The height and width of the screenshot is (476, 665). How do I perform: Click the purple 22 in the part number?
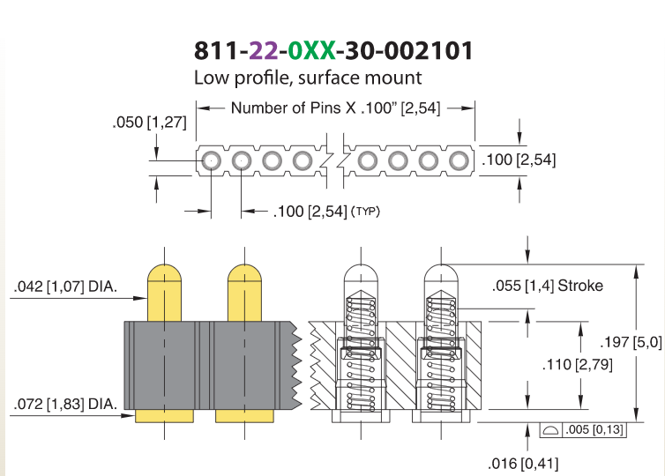coord(263,51)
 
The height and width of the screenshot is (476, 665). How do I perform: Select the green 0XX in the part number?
coord(311,51)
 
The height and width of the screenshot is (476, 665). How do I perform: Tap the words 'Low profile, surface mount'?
coord(308,78)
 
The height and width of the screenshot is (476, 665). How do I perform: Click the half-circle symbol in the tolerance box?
coord(550,431)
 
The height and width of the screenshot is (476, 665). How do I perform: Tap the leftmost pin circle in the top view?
coord(211,161)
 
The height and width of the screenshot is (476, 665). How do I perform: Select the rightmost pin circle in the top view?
coord(459,161)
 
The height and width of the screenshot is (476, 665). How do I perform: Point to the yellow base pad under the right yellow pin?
coord(244,416)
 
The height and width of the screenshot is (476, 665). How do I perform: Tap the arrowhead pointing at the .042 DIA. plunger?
coord(140,298)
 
